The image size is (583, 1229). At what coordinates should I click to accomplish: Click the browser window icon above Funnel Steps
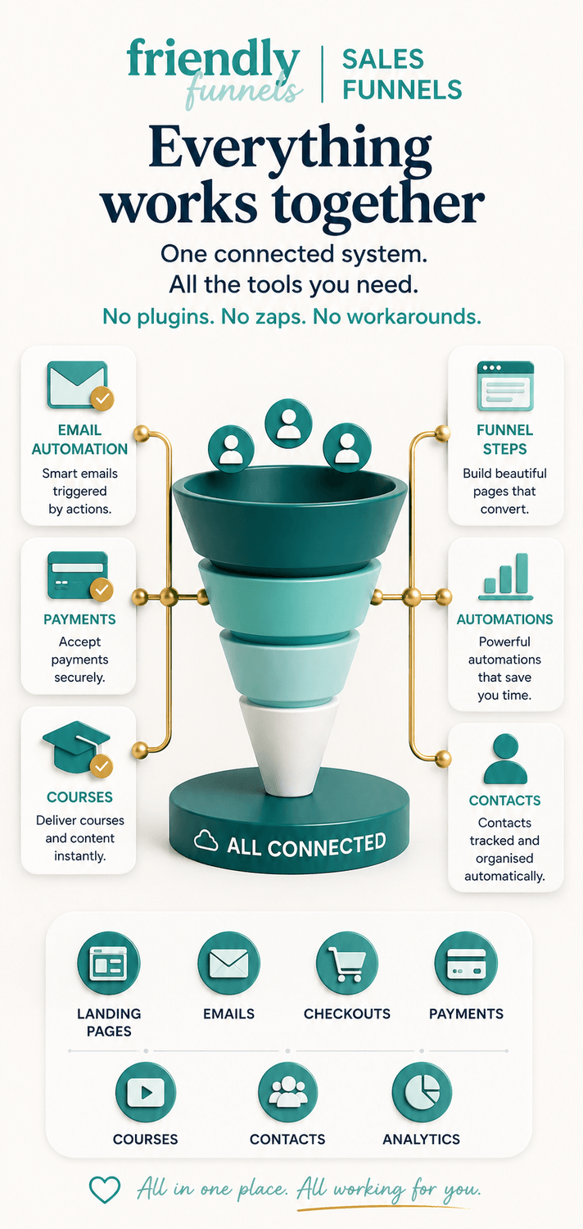505,386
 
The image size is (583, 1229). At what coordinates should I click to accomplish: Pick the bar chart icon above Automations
506,576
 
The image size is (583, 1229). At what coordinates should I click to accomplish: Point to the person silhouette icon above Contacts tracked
505,760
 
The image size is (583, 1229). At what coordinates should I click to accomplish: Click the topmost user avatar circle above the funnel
288,423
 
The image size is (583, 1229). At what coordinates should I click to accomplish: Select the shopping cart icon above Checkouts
347,964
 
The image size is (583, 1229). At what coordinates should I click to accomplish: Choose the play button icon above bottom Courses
145,1092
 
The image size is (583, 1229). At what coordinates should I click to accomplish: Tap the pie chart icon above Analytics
422,1092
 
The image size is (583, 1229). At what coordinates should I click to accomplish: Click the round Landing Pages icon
109,964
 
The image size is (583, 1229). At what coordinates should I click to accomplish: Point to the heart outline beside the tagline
104,1190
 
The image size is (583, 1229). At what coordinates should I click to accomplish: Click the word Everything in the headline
290,149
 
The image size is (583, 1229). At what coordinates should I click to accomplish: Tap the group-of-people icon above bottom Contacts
287,1092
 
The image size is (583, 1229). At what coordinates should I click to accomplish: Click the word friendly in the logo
214,60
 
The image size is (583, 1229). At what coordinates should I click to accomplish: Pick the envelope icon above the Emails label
228,964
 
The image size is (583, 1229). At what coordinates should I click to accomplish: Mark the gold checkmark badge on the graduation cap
102,766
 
